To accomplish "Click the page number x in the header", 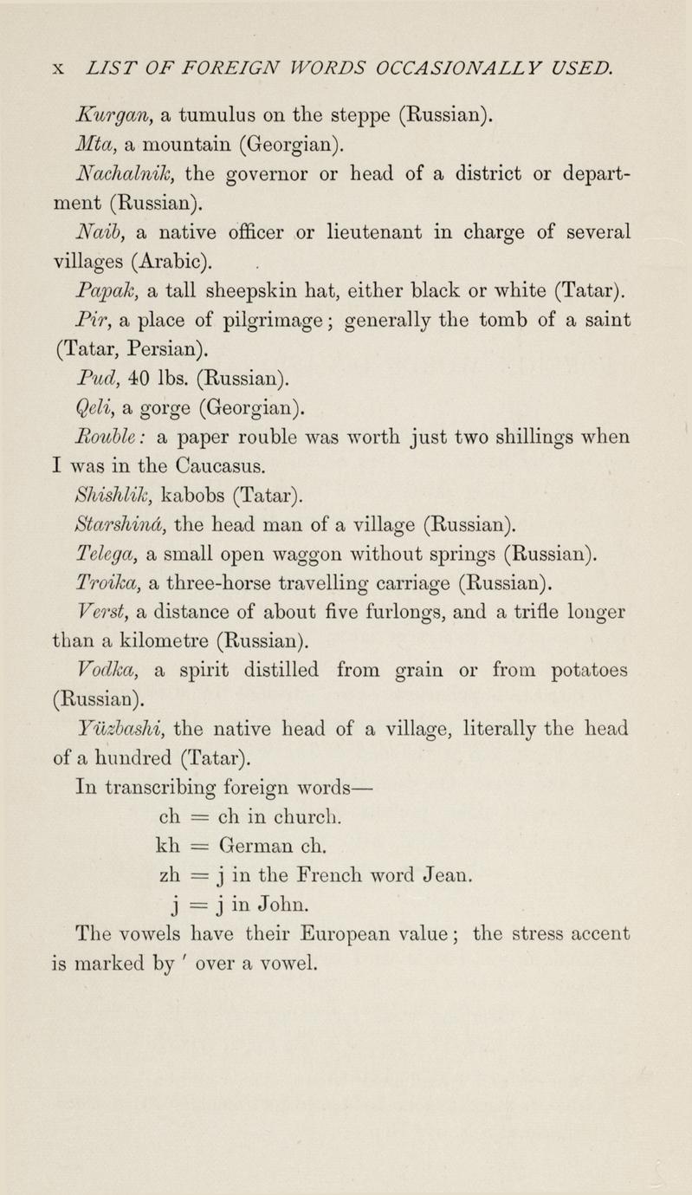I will click(58, 66).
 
